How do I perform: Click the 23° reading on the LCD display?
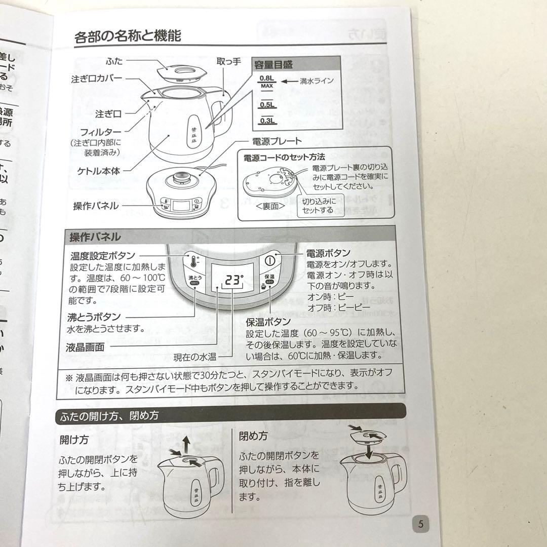tap(234, 280)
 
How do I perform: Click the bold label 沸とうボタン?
tap(94, 317)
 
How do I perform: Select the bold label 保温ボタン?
tap(268, 322)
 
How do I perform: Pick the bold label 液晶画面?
tap(85, 347)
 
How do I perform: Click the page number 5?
tap(420, 524)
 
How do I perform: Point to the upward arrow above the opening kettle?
tap(187, 446)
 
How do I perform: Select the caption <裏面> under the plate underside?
tap(270, 206)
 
